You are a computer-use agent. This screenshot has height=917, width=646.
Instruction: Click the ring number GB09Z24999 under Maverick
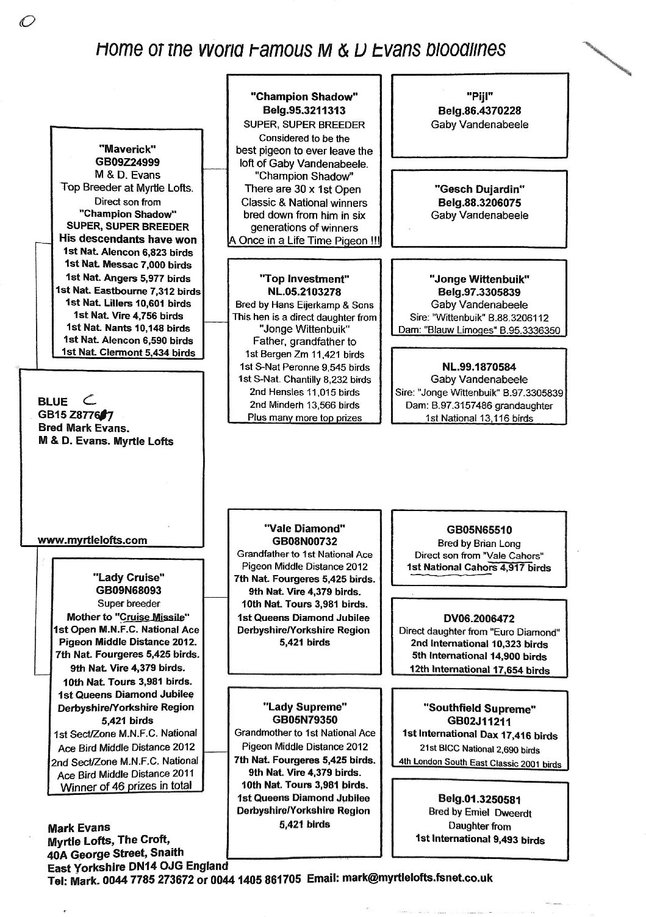click(127, 162)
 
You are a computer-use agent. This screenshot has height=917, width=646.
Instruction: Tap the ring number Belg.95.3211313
click(304, 111)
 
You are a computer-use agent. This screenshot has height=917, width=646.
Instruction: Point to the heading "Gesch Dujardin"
click(479, 189)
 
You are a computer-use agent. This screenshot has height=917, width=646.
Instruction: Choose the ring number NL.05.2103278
click(304, 292)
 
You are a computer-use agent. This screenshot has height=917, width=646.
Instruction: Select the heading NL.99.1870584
click(479, 367)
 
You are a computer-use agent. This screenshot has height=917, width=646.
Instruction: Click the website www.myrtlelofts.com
click(92, 540)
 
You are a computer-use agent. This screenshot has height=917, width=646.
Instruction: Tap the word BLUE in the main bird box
click(52, 402)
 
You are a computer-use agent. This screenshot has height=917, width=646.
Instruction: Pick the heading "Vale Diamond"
click(304, 528)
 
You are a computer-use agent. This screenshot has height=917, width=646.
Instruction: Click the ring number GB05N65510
click(479, 530)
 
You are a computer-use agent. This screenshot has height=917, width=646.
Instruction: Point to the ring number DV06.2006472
click(479, 618)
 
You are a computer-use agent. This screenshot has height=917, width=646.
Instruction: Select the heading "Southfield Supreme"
click(479, 708)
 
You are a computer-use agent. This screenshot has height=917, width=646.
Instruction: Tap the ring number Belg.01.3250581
click(479, 799)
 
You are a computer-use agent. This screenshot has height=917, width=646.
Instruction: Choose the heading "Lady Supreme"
click(304, 706)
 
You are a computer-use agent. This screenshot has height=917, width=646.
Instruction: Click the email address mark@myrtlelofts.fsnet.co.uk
click(417, 879)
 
